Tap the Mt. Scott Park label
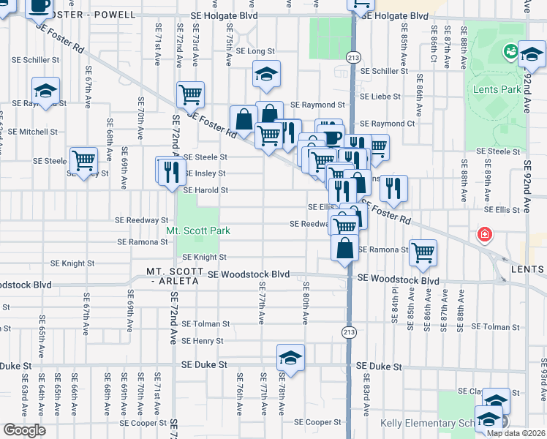pos(197,230)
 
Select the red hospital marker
pos(483,236)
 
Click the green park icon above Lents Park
pos(510,52)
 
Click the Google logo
pos(24,429)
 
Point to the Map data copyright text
pos(516,433)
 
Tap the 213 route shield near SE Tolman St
pos(350,331)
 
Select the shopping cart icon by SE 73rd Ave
pos(190,94)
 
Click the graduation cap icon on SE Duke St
pos(290,358)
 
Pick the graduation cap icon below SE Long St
pos(267,73)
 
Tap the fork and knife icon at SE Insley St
pos(170,171)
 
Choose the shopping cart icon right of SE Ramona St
pos(423,253)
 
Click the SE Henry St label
pos(203,341)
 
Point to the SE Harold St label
pos(205,190)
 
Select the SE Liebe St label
pos(380,97)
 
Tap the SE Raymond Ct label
pos(387,124)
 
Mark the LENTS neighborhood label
pos(529,270)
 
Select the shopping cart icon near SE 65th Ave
pos(83,160)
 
